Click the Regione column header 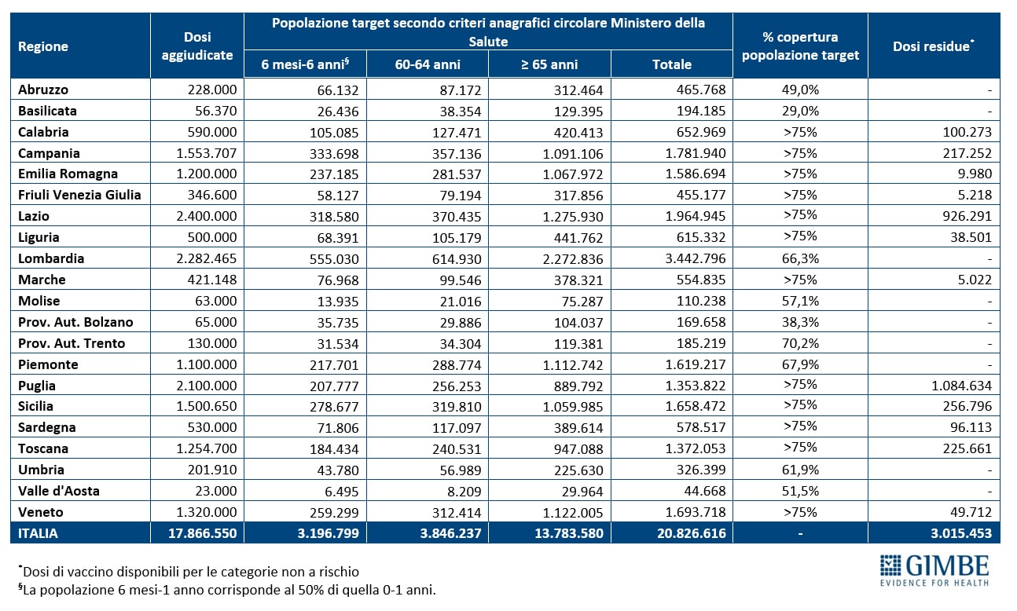pyautogui.click(x=43, y=46)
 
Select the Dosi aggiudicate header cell pyautogui.click(x=197, y=46)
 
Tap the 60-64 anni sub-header pyautogui.click(x=428, y=64)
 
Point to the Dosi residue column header pyautogui.click(x=933, y=46)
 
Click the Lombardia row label pyautogui.click(x=51, y=258)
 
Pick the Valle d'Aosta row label pyautogui.click(x=59, y=491)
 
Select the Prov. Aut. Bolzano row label pyautogui.click(x=75, y=322)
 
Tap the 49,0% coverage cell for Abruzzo pyautogui.click(x=800, y=89)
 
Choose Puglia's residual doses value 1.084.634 pyautogui.click(x=956, y=386)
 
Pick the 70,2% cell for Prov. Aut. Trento pyautogui.click(x=800, y=343)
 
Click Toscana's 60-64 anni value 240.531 pyautogui.click(x=455, y=448)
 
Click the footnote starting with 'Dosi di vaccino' pyautogui.click(x=189, y=571)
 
